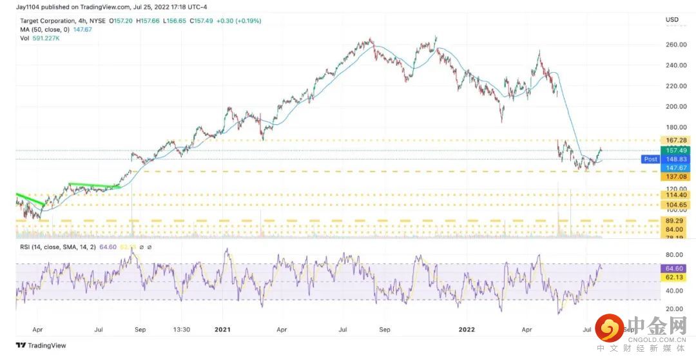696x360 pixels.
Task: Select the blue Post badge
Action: (650, 159)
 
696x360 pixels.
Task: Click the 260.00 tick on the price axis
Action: (675, 44)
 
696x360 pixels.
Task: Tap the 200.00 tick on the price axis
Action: (675, 106)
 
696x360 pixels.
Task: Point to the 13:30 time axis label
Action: (182, 328)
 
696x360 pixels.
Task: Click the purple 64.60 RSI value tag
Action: (673, 268)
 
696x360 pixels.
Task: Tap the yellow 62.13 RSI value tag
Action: (673, 277)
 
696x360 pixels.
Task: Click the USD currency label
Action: (672, 20)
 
